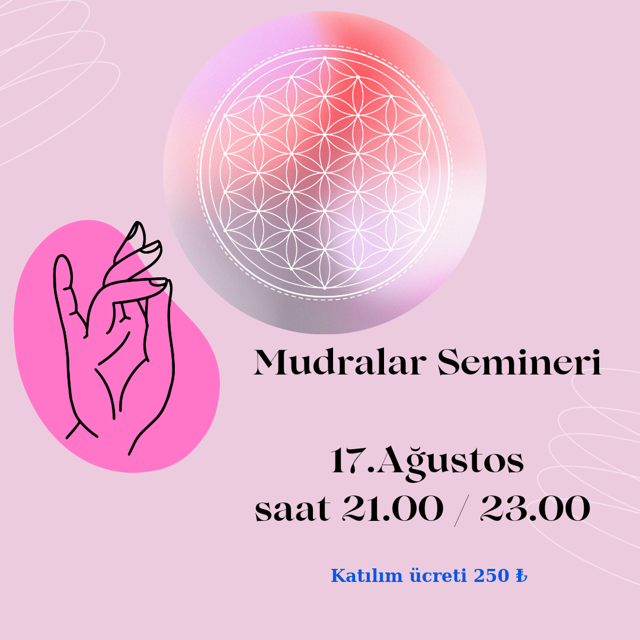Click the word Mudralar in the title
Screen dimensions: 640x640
pyautogui.click(x=340, y=362)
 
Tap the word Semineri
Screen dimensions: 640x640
pyautogui.click(x=519, y=362)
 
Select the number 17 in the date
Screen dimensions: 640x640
pyautogui.click(x=348, y=460)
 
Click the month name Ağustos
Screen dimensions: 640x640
pyautogui.click(x=450, y=462)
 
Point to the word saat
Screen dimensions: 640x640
pyautogui.click(x=292, y=509)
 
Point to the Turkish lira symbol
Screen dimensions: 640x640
pyautogui.click(x=521, y=575)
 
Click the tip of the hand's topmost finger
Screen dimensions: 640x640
pyautogui.click(x=138, y=223)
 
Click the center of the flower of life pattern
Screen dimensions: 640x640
pyautogui.click(x=325, y=172)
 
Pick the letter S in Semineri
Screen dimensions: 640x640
pyautogui.click(x=447, y=362)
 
